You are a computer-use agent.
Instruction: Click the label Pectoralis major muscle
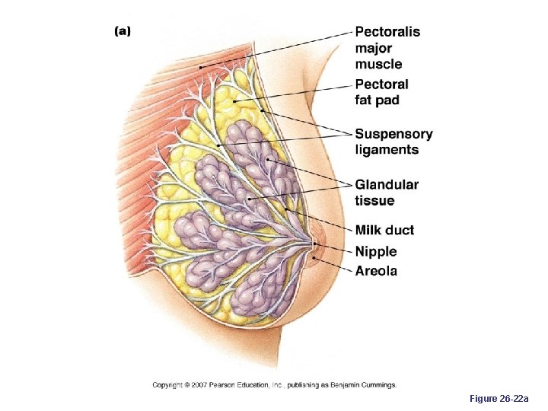[x=387, y=48]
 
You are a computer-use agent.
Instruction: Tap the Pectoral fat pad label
[x=381, y=92]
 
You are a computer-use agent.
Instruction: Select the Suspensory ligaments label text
[x=393, y=142]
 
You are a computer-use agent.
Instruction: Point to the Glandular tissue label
[x=386, y=193]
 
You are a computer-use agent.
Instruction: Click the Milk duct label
[x=384, y=230]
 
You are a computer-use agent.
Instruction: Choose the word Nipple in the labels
[x=376, y=251]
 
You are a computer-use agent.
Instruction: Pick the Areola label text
[x=376, y=271]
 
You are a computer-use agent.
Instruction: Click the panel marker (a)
[x=123, y=31]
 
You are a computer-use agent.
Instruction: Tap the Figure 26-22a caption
[x=504, y=398]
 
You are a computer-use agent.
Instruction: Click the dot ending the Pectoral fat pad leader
[x=236, y=99]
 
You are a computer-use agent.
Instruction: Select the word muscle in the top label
[x=378, y=64]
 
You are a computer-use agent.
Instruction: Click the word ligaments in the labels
[x=387, y=150]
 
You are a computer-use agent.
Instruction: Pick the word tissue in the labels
[x=374, y=201]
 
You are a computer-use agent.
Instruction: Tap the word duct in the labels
[x=400, y=230]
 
